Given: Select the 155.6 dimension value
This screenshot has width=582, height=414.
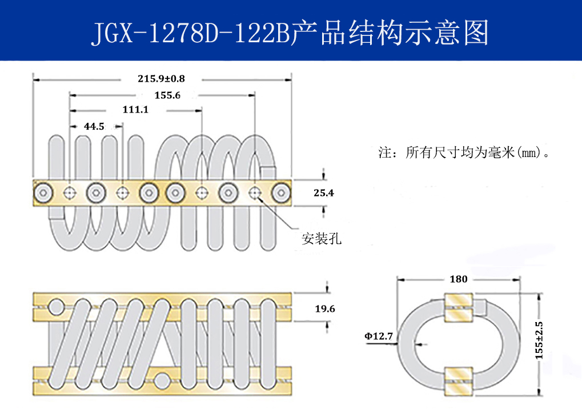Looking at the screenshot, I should click(x=167, y=95).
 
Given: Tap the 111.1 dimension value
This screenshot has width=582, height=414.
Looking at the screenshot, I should click(x=135, y=109).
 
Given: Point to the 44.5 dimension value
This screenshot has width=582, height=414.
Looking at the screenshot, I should click(x=94, y=126).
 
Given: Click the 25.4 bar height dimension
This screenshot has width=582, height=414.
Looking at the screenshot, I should click(x=324, y=193).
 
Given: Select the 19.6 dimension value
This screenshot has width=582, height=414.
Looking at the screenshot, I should click(x=324, y=309).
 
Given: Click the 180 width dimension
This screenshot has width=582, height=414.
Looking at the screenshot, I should click(x=458, y=279).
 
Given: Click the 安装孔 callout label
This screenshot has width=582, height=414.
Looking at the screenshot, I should click(x=322, y=239).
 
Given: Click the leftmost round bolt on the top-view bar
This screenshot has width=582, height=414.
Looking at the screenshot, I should click(x=43, y=193).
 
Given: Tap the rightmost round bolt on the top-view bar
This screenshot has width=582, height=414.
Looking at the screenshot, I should click(x=280, y=193).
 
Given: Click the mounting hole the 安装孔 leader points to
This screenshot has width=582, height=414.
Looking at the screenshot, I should click(x=255, y=193).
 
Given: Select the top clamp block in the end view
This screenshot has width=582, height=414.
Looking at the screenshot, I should click(x=458, y=307).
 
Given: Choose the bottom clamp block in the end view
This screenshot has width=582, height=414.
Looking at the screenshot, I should click(x=458, y=379).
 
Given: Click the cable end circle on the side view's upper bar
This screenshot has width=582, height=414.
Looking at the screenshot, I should click(x=55, y=308).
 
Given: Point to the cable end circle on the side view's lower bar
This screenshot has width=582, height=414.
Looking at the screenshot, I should click(x=162, y=379).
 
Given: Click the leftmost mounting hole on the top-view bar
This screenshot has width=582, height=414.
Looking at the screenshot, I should click(x=70, y=193).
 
